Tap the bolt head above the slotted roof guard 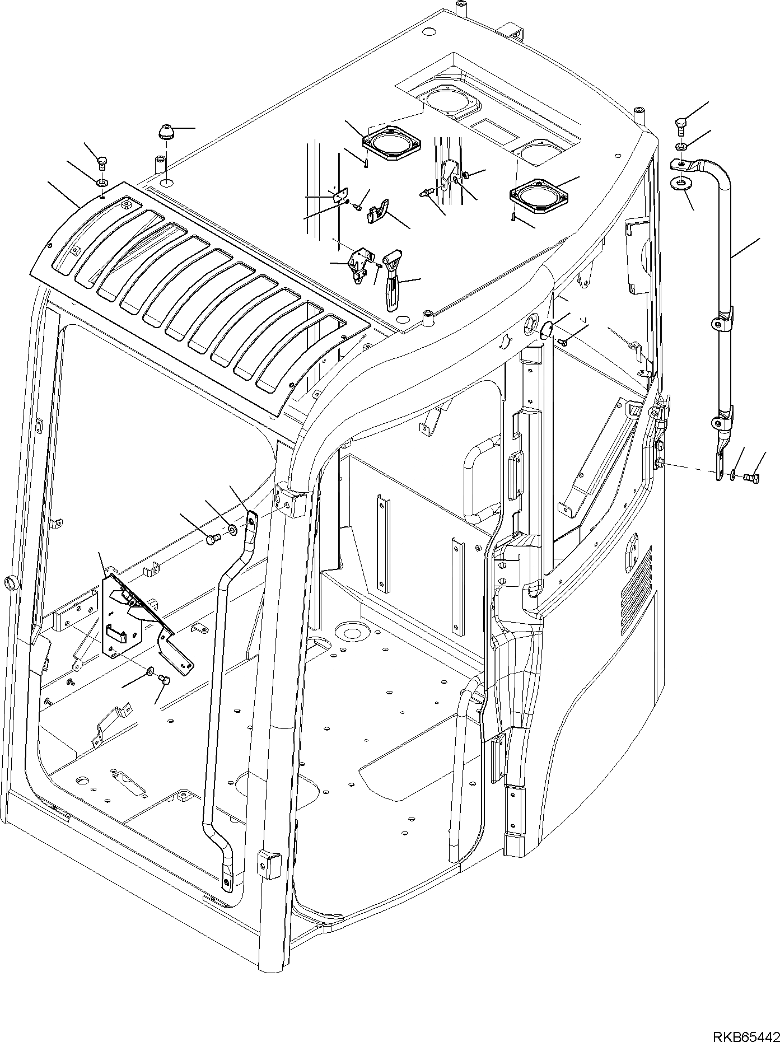[x=102, y=163]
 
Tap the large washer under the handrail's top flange [x=680, y=183]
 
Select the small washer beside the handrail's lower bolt [x=734, y=476]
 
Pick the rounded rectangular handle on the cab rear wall [x=479, y=479]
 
